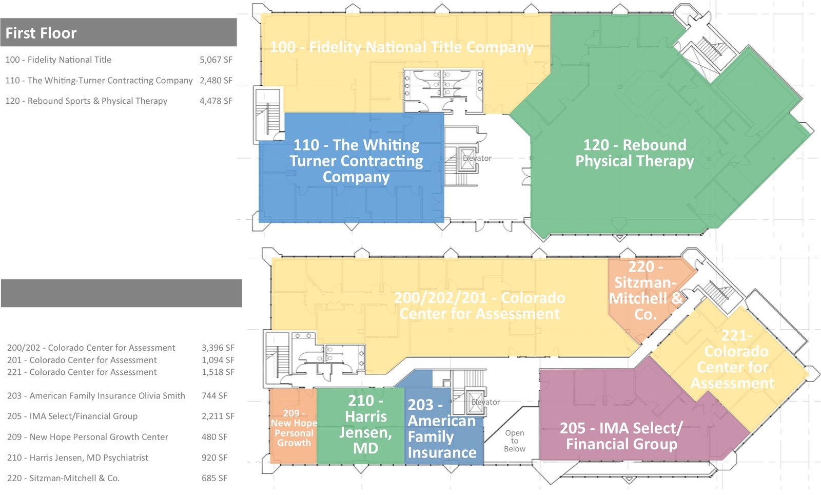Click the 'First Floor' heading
tap(41, 33)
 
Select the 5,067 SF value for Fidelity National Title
tap(216, 60)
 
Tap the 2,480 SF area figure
tap(216, 80)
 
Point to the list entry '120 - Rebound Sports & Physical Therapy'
tap(86, 101)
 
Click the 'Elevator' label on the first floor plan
tap(477, 158)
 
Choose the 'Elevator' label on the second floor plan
tap(485, 402)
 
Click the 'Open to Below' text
tap(514, 441)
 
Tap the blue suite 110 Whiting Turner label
tap(356, 161)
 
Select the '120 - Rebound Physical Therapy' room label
tap(635, 153)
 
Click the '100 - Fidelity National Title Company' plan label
tap(402, 47)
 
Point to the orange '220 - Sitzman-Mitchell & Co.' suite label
tap(645, 291)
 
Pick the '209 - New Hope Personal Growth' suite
tap(294, 428)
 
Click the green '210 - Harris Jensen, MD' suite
tap(365, 424)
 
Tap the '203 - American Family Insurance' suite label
tap(442, 429)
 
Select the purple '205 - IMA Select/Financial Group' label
tap(621, 436)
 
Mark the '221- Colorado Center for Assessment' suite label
tap(733, 359)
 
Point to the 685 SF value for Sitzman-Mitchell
tap(214, 478)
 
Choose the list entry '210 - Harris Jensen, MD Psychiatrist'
tap(77, 458)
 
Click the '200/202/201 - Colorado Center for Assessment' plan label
tap(479, 306)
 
